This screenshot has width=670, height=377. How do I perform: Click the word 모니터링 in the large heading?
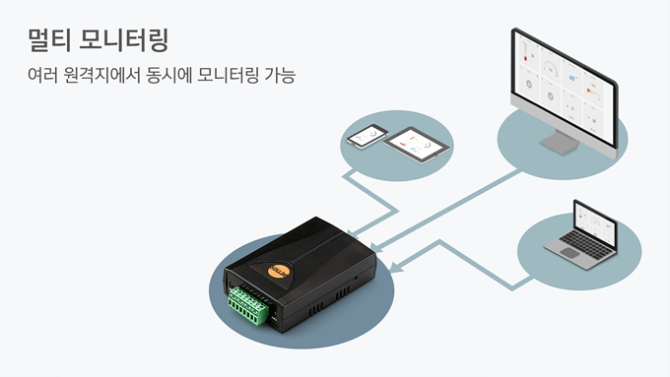(x=124, y=40)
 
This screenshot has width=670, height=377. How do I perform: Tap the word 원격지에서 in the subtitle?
(x=101, y=75)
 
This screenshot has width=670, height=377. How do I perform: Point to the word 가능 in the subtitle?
(x=280, y=75)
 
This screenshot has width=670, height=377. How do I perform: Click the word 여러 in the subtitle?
(x=42, y=75)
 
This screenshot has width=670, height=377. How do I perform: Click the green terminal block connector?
(x=248, y=305)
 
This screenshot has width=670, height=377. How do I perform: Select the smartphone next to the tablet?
(x=368, y=137)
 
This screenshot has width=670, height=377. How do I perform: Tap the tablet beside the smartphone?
(x=416, y=145)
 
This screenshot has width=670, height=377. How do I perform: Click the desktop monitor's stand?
(x=560, y=143)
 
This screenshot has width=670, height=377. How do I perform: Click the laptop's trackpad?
(x=569, y=253)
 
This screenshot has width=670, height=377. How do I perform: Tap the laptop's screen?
(x=595, y=222)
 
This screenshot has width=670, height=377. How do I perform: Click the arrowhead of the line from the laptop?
(x=395, y=268)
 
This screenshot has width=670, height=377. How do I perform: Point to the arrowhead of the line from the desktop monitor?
(x=376, y=248)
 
